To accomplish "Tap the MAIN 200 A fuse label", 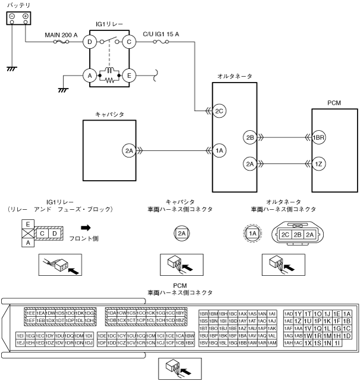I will click(61, 34).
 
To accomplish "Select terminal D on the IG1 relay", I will click(90, 42).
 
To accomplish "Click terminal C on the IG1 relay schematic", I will click(128, 42).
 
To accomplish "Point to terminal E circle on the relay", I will click(128, 76).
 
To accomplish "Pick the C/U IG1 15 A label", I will click(162, 34).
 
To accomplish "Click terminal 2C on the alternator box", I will click(220, 110).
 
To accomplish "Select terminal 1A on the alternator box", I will click(220, 151).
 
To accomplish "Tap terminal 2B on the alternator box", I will click(250, 138).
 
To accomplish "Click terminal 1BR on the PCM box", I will click(320, 138).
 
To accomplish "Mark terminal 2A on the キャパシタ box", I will click(130, 151).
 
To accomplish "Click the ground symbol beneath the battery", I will click(11, 69).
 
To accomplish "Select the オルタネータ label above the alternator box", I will click(235, 76).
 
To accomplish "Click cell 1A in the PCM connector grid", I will click(348, 313).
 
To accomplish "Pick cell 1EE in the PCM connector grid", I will click(30, 313).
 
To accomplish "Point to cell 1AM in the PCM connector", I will click(272, 343).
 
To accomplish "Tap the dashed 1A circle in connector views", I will click(252, 234).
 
